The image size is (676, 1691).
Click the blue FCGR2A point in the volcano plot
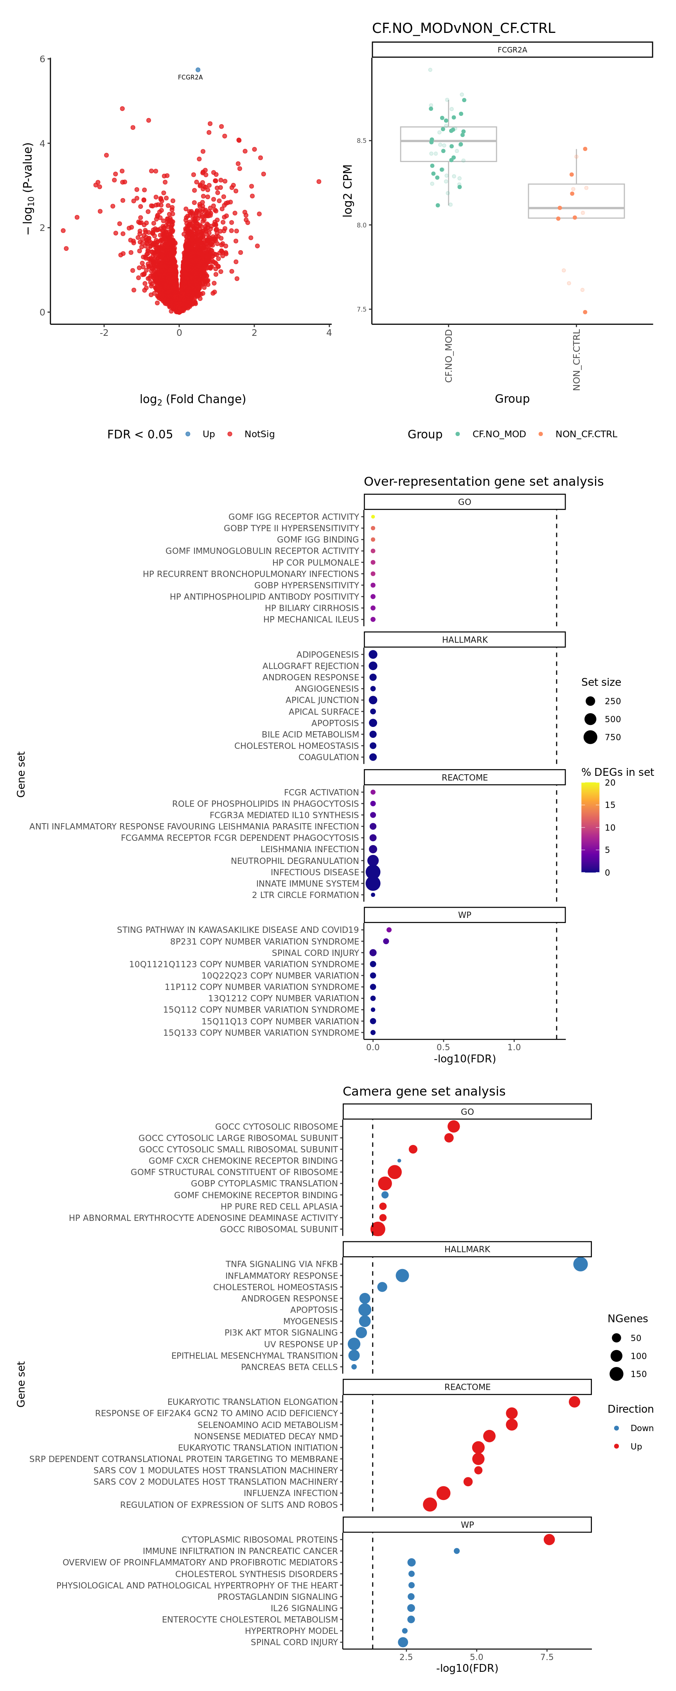(x=198, y=70)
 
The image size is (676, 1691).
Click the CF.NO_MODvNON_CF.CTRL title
(x=463, y=28)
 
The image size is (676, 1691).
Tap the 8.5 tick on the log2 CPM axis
(x=361, y=141)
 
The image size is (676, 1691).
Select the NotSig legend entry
(x=259, y=434)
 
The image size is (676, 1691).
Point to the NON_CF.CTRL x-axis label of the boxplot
(x=576, y=360)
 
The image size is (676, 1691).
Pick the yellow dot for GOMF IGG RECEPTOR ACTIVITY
(x=373, y=517)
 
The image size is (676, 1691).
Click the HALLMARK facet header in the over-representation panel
(x=465, y=639)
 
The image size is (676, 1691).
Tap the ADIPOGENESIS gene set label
(x=327, y=654)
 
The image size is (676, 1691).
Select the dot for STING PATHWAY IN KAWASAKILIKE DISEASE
(x=389, y=930)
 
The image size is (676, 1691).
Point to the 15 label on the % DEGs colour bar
(x=610, y=805)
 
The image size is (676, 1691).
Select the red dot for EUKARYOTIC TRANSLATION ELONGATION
(x=574, y=1401)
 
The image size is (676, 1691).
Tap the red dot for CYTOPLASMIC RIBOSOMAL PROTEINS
(x=549, y=1540)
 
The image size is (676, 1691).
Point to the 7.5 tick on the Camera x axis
(x=547, y=1657)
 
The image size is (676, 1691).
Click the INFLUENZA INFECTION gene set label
(x=290, y=1493)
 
